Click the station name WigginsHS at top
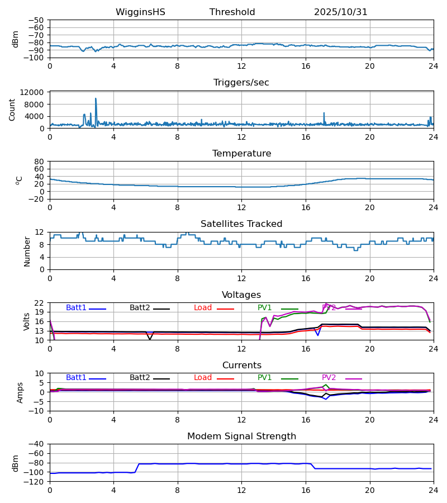point(140,12)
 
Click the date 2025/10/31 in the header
point(340,12)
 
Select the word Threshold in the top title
point(232,12)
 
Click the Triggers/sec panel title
point(241,83)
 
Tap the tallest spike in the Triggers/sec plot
point(96,99)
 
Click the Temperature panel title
point(241,154)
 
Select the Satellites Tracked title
point(241,224)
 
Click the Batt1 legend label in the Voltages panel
point(76,308)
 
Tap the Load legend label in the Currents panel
point(203,378)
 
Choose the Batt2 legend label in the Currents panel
point(140,378)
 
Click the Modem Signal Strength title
point(241,436)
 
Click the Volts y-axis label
point(27,321)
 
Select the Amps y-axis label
point(20,392)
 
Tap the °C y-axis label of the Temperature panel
point(19,180)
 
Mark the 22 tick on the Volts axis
point(41,303)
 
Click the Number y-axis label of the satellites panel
point(27,251)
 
